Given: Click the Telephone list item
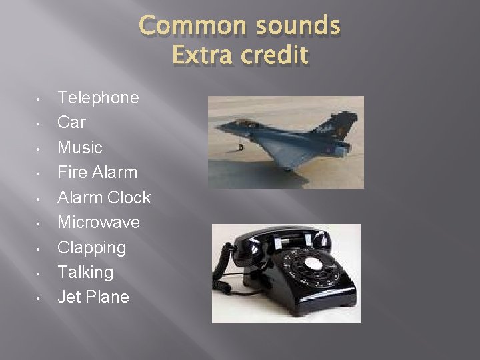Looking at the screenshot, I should click(98, 98).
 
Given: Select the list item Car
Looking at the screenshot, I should click(71, 123).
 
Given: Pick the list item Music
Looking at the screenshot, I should click(80, 147).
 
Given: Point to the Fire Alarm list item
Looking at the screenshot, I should click(97, 172).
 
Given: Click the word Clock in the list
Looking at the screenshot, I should click(129, 197).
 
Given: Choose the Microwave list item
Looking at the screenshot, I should click(99, 222).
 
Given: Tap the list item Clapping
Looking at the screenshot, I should click(91, 247).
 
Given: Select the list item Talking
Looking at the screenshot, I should click(85, 272).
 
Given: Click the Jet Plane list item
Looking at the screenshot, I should click(93, 297).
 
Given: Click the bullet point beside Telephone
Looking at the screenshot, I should click(40, 99).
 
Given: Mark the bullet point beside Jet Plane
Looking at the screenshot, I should click(40, 298).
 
